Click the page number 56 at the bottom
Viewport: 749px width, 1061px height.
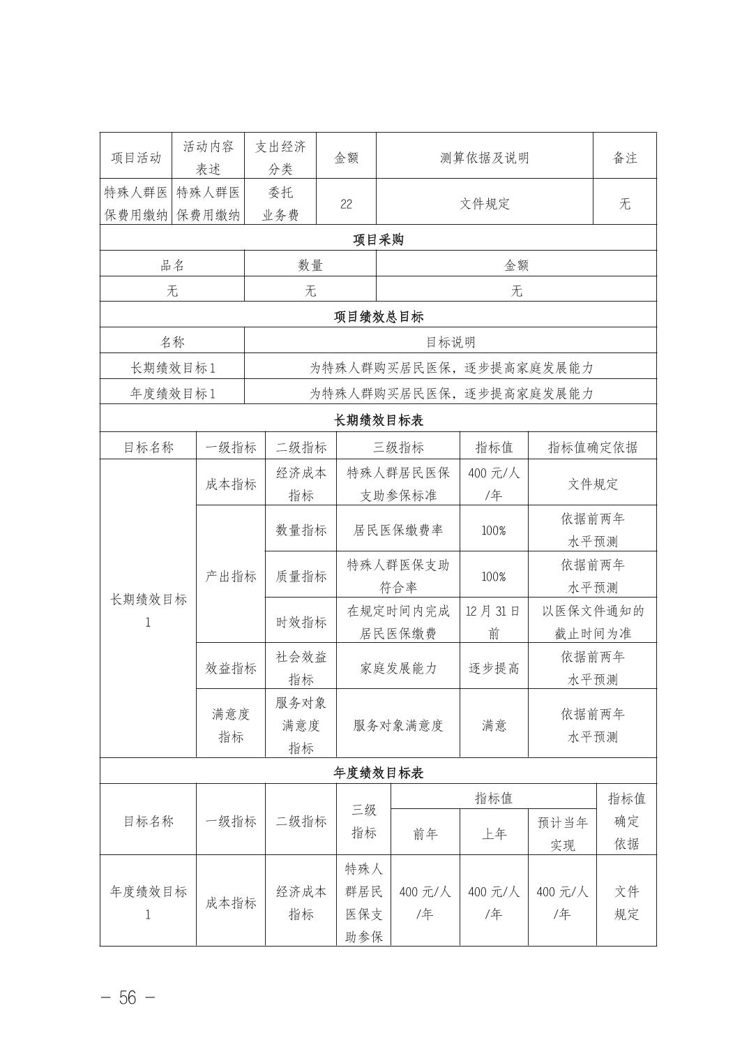(128, 997)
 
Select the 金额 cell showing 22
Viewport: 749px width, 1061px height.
(346, 204)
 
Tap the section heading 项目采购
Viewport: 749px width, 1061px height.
(378, 240)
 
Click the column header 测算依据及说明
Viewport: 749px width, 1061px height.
(484, 158)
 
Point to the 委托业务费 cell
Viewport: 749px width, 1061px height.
(280, 204)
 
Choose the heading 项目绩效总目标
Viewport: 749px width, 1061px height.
(378, 317)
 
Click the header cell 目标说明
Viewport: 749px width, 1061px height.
(450, 342)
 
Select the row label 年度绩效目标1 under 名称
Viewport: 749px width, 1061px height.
(172, 394)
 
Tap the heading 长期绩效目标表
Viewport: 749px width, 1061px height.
(378, 420)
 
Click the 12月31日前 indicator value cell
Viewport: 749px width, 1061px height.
(493, 622)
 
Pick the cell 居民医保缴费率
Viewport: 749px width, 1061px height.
(398, 530)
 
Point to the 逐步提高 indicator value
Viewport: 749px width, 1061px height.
(493, 668)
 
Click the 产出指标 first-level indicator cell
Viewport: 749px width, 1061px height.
(230, 577)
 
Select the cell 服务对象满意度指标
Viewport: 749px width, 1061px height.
(301, 725)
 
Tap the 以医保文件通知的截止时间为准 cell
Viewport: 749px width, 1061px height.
(592, 622)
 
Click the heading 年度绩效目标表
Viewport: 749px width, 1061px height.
(378, 773)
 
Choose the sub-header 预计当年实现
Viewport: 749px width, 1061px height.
(562, 833)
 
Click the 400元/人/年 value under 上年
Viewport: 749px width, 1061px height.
(493, 903)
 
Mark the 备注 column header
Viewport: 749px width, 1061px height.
(624, 158)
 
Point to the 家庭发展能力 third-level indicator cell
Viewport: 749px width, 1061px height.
(398, 668)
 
